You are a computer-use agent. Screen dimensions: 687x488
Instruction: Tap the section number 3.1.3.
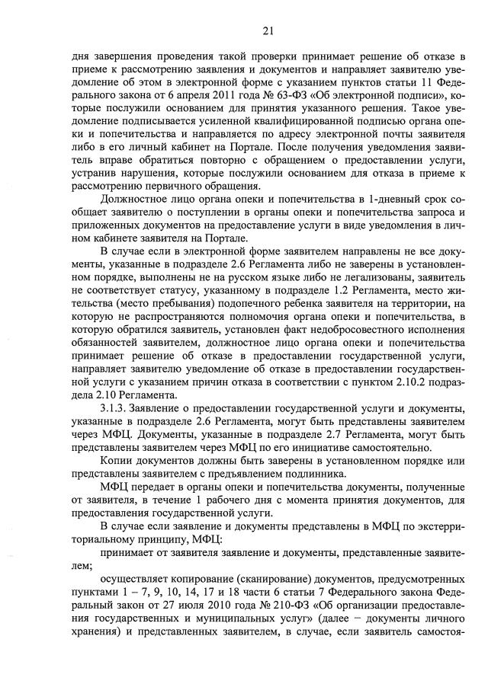[x=115, y=408]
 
